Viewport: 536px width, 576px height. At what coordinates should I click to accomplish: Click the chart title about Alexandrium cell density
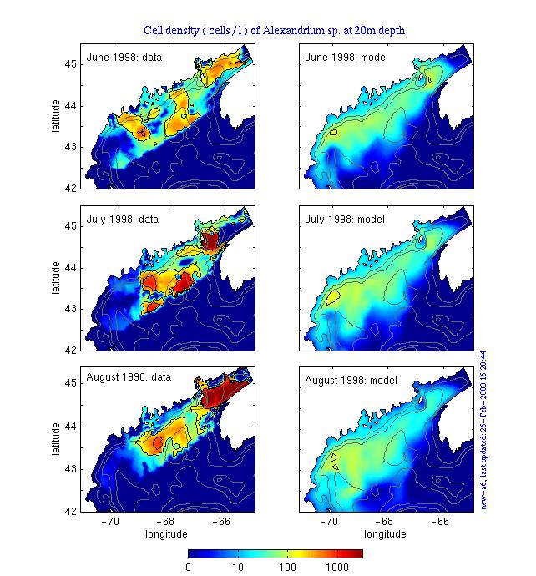pyautogui.click(x=275, y=31)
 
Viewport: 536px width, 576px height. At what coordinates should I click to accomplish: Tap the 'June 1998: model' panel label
pyautogui.click(x=347, y=58)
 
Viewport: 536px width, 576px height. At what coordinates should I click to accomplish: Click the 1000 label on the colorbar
pyautogui.click(x=337, y=568)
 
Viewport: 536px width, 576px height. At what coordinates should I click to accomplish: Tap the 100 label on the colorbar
pyautogui.click(x=289, y=568)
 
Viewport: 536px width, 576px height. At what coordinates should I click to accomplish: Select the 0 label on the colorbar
pyautogui.click(x=189, y=568)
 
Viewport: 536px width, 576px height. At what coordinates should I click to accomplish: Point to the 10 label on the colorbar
pyautogui.click(x=238, y=568)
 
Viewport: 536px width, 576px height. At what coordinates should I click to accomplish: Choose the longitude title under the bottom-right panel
pyautogui.click(x=386, y=533)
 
